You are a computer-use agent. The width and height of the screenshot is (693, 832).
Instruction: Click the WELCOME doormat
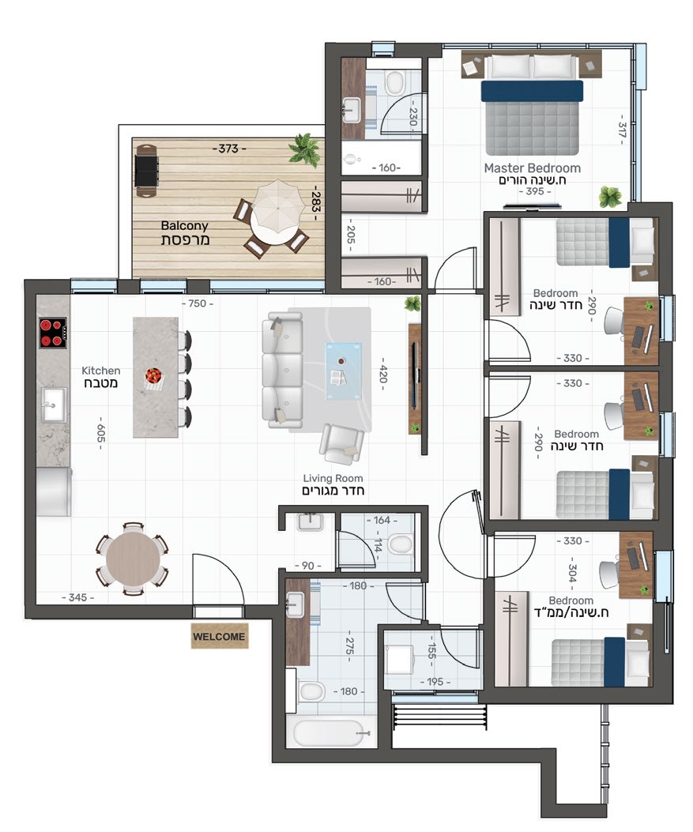pyautogui.click(x=219, y=636)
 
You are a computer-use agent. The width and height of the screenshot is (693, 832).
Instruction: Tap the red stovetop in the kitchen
pyautogui.click(x=53, y=333)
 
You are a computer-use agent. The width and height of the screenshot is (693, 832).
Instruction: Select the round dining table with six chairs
pyautogui.click(x=132, y=559)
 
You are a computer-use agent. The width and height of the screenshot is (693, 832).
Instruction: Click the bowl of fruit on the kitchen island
pyautogui.click(x=153, y=378)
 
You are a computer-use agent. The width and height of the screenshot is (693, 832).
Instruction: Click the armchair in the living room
pyautogui.click(x=341, y=444)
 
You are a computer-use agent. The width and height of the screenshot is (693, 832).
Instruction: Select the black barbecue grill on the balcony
pyautogui.click(x=146, y=171)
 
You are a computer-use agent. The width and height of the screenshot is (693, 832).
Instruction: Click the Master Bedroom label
pyautogui.click(x=533, y=168)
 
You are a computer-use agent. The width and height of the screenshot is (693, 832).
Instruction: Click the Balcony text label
pyautogui.click(x=184, y=226)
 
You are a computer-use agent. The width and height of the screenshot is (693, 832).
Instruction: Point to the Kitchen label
pyautogui.click(x=101, y=371)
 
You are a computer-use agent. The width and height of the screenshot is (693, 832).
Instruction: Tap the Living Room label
pyautogui.click(x=333, y=478)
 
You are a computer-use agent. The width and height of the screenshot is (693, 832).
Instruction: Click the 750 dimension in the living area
pyautogui.click(x=198, y=303)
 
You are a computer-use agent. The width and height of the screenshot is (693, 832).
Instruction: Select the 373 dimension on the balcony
pyautogui.click(x=228, y=149)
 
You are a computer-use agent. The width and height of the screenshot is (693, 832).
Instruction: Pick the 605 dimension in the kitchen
pyautogui.click(x=101, y=433)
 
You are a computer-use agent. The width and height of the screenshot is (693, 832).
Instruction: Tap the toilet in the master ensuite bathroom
pyautogui.click(x=394, y=83)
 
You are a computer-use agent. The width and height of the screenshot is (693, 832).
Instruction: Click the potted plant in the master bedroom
pyautogui.click(x=610, y=197)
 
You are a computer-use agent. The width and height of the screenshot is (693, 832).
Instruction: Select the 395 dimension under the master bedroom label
pyautogui.click(x=535, y=191)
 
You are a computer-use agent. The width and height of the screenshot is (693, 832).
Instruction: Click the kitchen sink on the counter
pyautogui.click(x=54, y=405)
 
